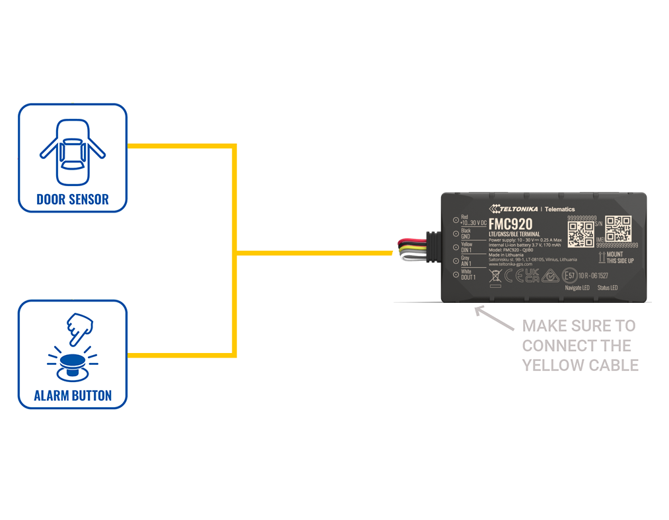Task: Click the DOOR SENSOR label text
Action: click(73, 199)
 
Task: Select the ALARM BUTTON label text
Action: click(73, 396)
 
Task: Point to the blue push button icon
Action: click(72, 364)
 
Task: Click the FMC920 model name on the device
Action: click(511, 224)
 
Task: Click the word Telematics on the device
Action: click(559, 209)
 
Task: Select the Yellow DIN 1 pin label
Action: click(466, 247)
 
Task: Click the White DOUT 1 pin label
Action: click(468, 275)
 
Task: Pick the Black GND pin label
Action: click(466, 234)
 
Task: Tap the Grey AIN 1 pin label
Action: click(466, 261)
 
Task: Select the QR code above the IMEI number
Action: click(618, 228)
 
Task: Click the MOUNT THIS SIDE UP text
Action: click(619, 257)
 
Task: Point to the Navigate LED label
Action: click(577, 288)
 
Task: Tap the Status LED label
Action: click(608, 288)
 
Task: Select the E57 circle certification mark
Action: click(569, 276)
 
